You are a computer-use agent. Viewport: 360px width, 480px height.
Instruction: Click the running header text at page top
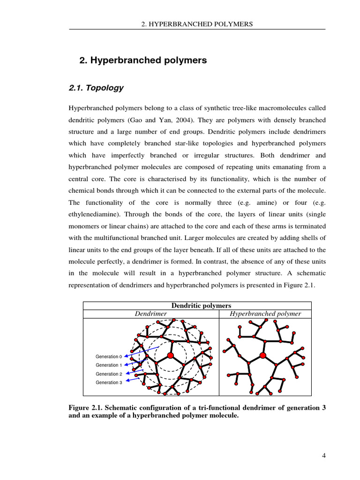click(x=197, y=24)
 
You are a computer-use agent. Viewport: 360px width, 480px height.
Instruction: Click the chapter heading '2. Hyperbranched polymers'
click(x=143, y=60)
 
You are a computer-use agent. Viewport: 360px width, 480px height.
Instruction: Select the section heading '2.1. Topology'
click(x=96, y=88)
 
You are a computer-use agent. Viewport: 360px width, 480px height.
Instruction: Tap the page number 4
click(x=323, y=456)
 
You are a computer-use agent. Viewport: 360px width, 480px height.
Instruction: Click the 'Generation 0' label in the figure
click(x=108, y=357)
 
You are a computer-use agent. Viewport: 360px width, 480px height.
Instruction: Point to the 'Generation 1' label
click(x=108, y=365)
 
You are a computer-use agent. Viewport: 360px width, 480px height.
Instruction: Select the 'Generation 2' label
click(x=108, y=374)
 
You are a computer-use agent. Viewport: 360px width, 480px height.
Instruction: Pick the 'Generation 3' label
click(x=108, y=382)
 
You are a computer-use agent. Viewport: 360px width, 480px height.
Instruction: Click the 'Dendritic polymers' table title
click(x=197, y=306)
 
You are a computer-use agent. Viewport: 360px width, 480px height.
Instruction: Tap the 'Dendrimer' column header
click(x=151, y=314)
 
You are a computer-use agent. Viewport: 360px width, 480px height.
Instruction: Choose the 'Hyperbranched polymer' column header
click(x=265, y=314)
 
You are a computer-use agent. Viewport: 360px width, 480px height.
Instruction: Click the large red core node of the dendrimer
click(x=171, y=356)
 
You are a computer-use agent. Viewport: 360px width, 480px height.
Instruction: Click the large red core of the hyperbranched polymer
click(x=263, y=356)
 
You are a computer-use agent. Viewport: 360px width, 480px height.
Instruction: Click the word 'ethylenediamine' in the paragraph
click(x=91, y=214)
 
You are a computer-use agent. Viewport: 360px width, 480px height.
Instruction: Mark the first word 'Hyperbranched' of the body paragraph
click(x=90, y=108)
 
